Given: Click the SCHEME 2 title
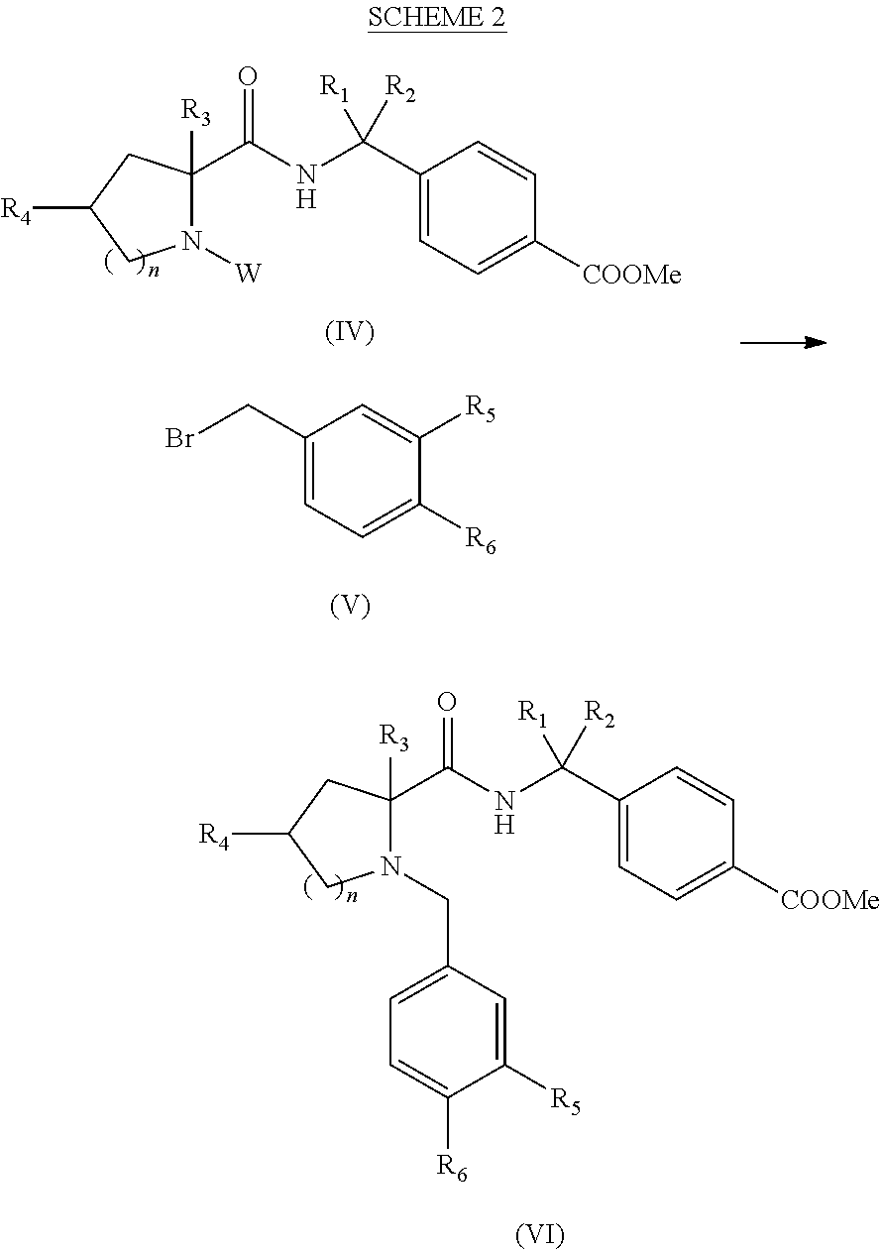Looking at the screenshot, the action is click(437, 19).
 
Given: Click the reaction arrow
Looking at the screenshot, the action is click(783, 342).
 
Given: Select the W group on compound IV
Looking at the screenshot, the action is click(249, 273).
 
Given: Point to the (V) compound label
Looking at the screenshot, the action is click(349, 606).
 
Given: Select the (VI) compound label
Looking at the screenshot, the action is click(541, 1234).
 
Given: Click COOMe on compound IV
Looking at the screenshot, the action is click(632, 275).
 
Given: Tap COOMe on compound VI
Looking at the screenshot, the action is click(830, 899).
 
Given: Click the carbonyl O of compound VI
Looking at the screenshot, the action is click(447, 703).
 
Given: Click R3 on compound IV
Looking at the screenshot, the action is click(195, 115).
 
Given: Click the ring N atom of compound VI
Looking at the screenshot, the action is click(391, 868).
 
